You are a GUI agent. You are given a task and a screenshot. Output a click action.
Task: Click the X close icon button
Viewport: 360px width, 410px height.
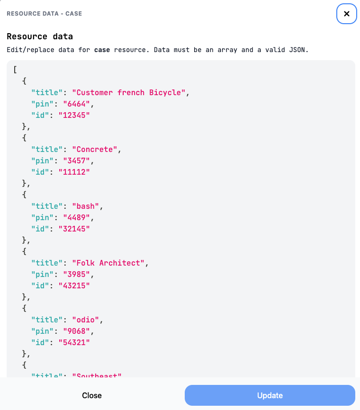(x=346, y=14)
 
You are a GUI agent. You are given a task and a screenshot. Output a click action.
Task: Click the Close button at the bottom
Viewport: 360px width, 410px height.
(x=92, y=395)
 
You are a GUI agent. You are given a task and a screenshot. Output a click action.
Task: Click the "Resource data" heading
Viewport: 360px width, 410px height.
(x=40, y=36)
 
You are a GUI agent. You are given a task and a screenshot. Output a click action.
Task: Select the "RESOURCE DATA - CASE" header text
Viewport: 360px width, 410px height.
(x=44, y=14)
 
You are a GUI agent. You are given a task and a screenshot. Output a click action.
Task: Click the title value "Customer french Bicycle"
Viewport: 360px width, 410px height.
(x=128, y=92)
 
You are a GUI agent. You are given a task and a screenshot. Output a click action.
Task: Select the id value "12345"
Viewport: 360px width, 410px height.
(x=74, y=115)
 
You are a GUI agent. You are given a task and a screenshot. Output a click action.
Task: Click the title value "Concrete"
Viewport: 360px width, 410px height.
(x=94, y=149)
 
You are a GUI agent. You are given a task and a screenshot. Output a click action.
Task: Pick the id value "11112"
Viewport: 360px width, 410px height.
(x=74, y=172)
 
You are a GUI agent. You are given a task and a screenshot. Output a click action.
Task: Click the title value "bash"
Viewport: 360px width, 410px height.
(x=85, y=206)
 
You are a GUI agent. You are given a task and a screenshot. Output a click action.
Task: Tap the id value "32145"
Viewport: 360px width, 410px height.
(x=74, y=229)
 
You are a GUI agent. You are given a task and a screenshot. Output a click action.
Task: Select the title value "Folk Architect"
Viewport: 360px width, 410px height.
(x=108, y=263)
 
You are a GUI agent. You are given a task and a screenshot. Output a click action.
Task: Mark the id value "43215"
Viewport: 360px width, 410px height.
(x=74, y=285)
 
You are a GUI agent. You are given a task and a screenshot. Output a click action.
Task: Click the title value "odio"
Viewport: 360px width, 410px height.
(x=85, y=320)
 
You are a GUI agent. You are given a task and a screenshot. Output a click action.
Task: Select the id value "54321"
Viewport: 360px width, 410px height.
(x=74, y=342)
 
